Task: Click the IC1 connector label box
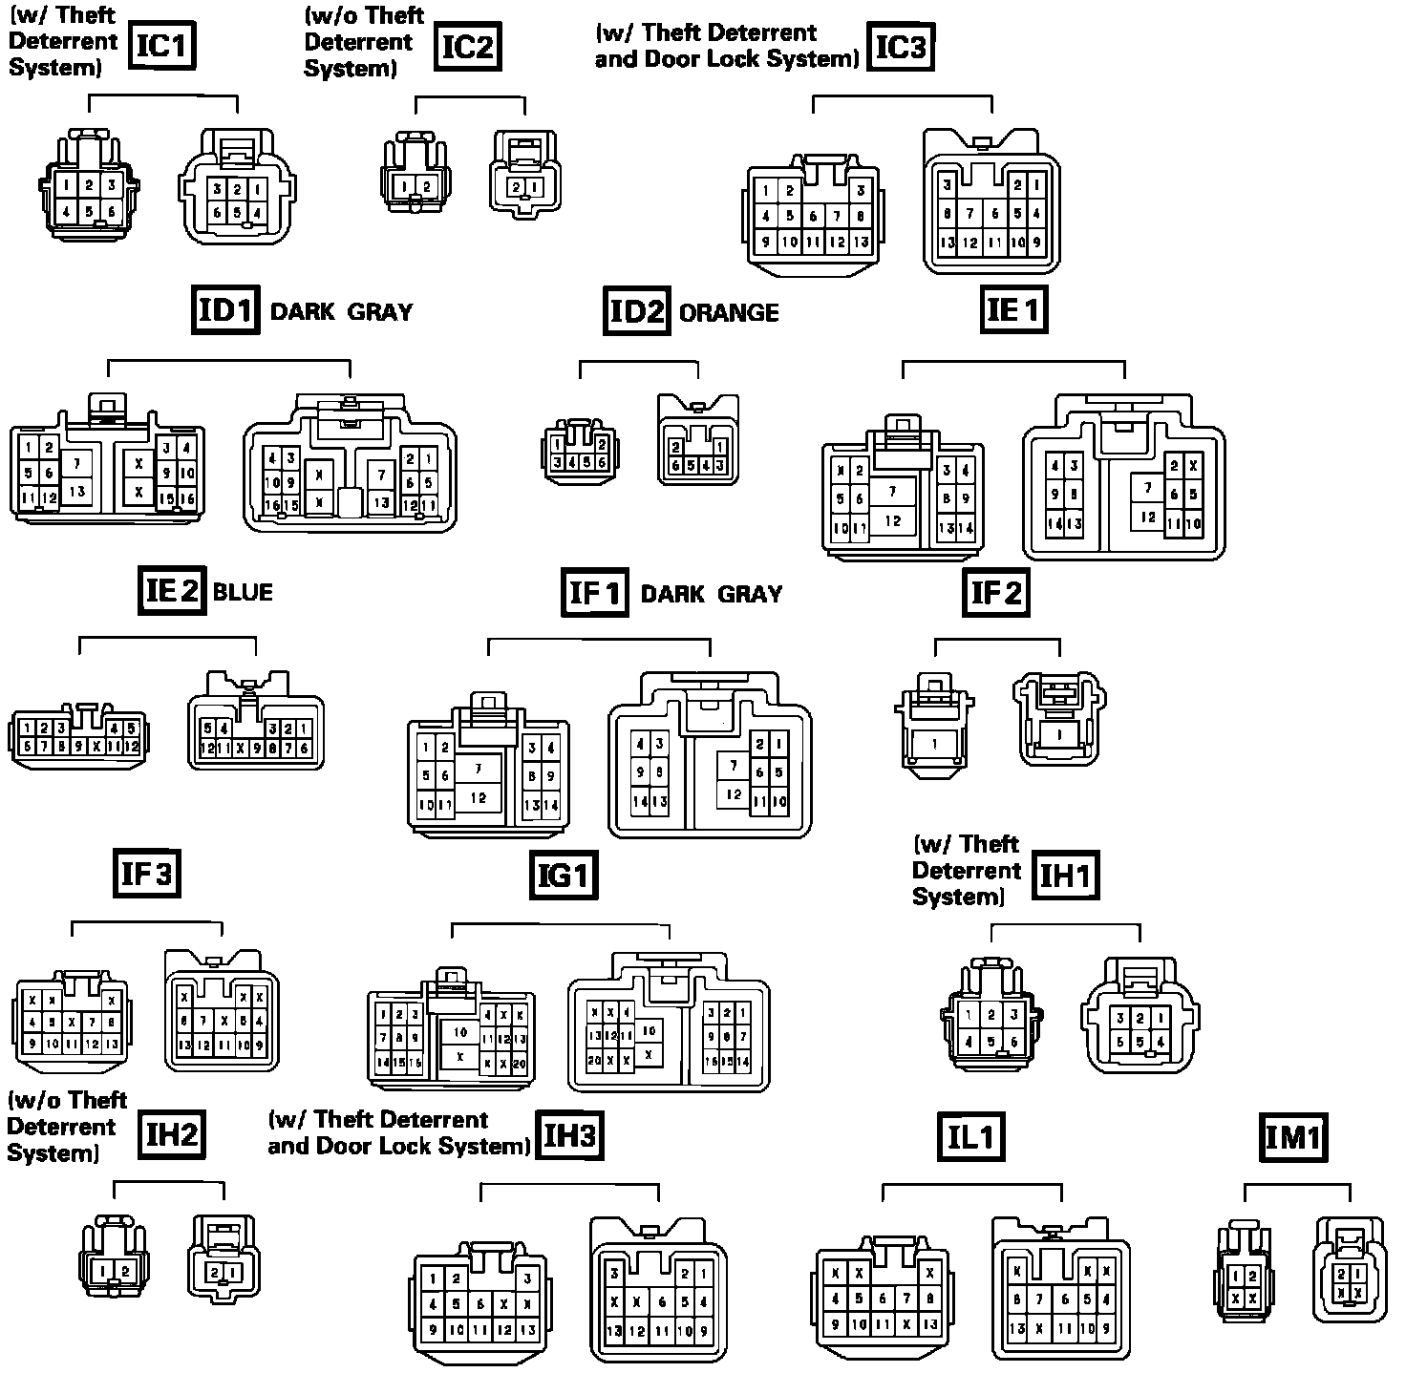pos(162,45)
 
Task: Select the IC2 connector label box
pos(468,45)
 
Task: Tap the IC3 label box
pos(901,45)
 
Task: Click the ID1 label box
pos(225,310)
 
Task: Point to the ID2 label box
pos(636,311)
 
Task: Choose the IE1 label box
pos(1013,309)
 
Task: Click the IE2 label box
pos(171,591)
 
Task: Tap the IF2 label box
pos(996,593)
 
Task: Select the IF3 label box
pos(146,874)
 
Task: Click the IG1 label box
pos(564,876)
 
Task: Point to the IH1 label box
pos(1065,876)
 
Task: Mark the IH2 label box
pos(172,1134)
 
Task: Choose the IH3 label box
pos(569,1135)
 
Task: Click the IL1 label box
pos(971,1136)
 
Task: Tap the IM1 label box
pos(1293,1136)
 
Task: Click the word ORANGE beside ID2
pos(729,313)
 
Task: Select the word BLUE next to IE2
pos(243,592)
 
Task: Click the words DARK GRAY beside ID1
pos(342,312)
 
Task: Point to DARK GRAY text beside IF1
pos(712,594)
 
